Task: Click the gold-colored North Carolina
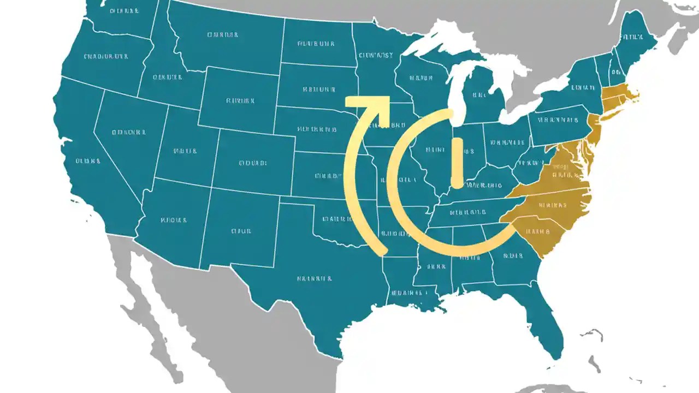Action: [x=552, y=205]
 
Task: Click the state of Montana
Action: [x=224, y=38]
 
